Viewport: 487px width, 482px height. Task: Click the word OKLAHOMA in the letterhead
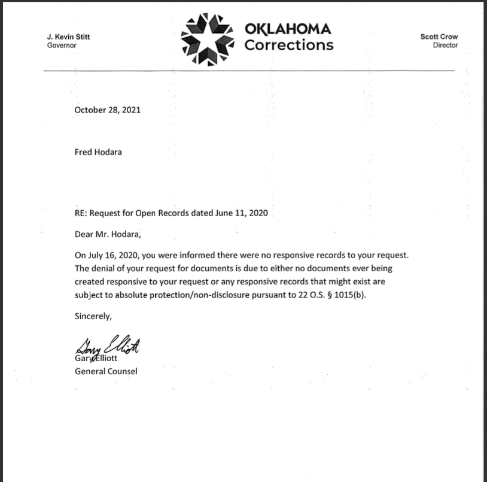coord(288,29)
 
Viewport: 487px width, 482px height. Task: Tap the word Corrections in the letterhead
coord(289,46)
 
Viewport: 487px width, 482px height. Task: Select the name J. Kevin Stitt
coord(68,37)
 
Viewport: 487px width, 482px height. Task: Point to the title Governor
coord(62,46)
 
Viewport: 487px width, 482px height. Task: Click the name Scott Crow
coord(439,37)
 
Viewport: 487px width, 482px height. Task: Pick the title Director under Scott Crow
coord(445,46)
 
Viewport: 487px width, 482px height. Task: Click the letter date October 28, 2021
coord(108,110)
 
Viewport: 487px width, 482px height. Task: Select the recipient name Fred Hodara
coord(99,152)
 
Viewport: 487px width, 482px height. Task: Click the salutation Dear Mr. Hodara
coord(108,234)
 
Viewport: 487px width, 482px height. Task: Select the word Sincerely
coord(93,316)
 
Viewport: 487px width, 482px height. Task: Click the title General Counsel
coord(106,371)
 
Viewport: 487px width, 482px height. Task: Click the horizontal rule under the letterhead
coord(249,71)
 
